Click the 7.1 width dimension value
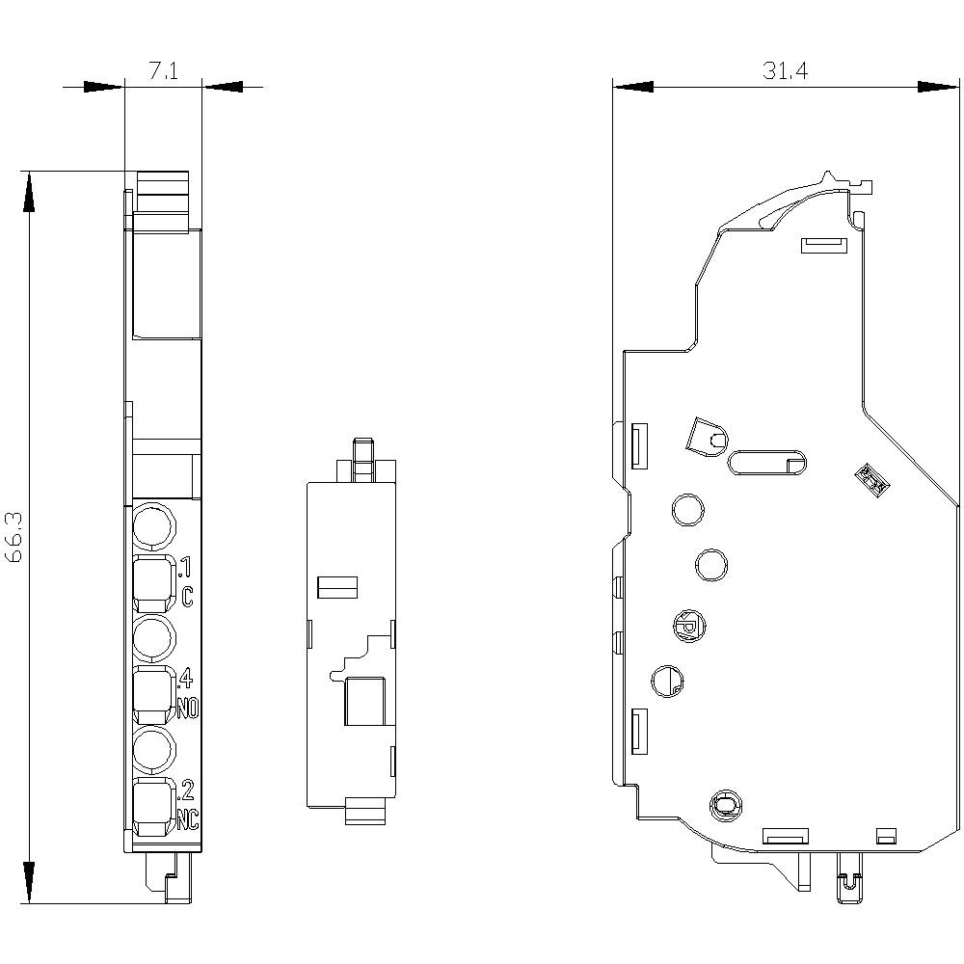click(x=162, y=71)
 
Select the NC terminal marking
click(x=187, y=821)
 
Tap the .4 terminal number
click(x=186, y=679)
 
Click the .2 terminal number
click(x=186, y=791)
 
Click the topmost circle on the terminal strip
click(x=153, y=527)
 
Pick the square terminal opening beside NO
click(x=153, y=695)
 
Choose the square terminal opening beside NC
click(x=153, y=808)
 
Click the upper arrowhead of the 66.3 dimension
click(x=30, y=193)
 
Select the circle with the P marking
click(x=688, y=628)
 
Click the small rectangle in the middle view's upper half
click(x=337, y=585)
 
